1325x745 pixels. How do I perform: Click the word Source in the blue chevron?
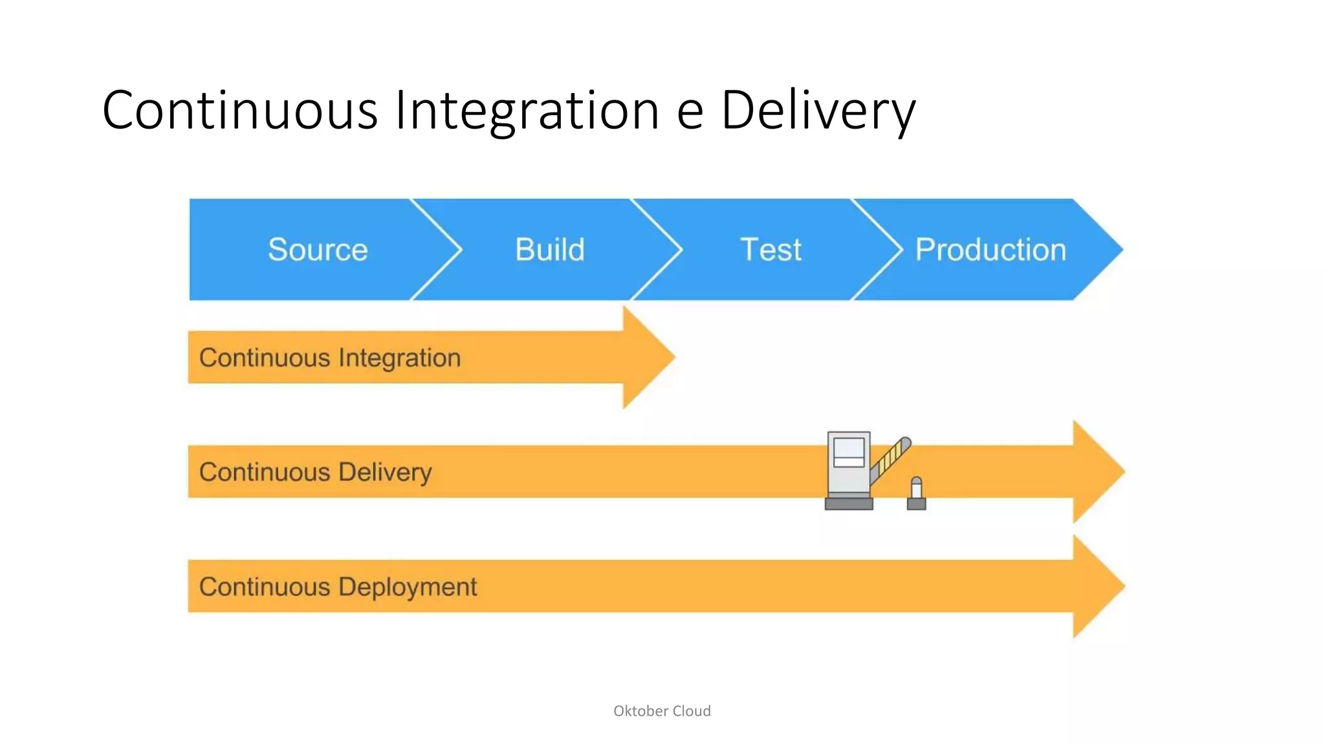click(x=318, y=250)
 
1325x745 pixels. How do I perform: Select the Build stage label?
click(x=550, y=250)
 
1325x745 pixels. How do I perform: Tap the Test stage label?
click(x=771, y=250)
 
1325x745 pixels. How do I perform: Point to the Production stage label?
click(x=991, y=250)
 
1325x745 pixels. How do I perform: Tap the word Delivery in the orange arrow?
click(x=385, y=473)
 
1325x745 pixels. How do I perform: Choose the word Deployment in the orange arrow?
click(x=408, y=587)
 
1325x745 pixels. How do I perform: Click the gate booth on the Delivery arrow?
click(x=848, y=469)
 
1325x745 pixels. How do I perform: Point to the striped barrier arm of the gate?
click(x=892, y=459)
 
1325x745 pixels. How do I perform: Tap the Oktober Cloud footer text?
click(x=662, y=711)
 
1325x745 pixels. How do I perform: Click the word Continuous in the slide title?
click(x=239, y=110)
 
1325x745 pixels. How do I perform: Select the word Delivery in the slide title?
click(x=818, y=110)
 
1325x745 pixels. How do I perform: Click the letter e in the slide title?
click(x=690, y=111)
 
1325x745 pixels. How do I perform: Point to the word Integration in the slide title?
click(x=527, y=110)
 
